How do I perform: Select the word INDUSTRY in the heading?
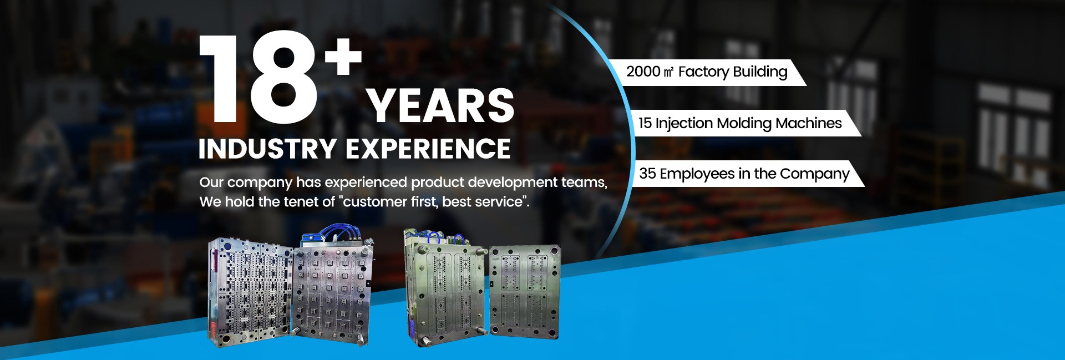[267, 149]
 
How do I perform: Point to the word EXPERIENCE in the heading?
[428, 149]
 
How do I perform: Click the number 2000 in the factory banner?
[643, 72]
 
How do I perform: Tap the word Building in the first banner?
[760, 72]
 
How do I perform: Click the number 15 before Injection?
[645, 123]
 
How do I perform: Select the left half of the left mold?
[250, 293]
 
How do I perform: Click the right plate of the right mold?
[524, 292]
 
